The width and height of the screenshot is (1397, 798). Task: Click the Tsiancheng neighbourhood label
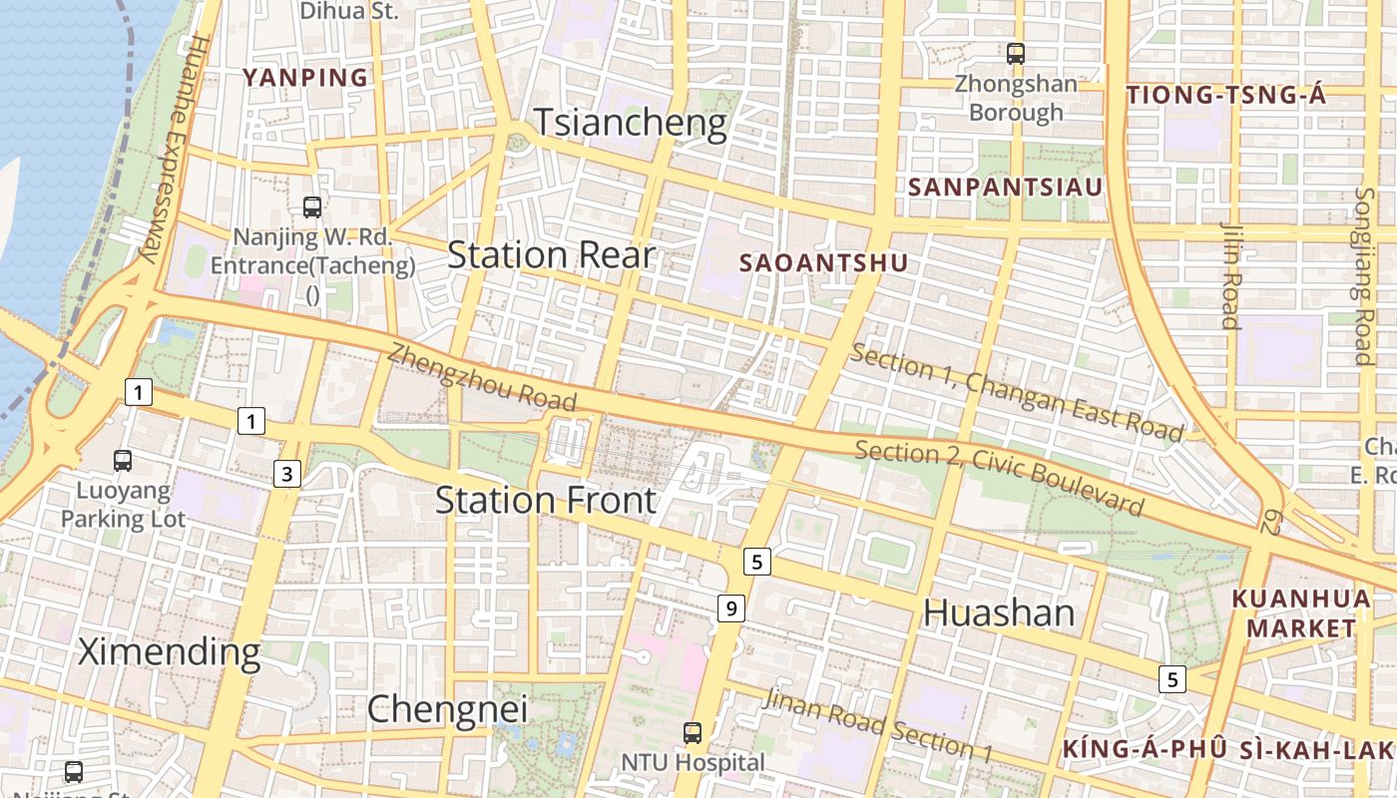click(631, 122)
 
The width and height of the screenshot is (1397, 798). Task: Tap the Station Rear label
click(551, 255)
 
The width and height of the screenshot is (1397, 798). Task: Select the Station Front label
click(546, 500)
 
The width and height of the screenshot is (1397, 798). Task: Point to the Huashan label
click(999, 612)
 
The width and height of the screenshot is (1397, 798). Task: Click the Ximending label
click(169, 652)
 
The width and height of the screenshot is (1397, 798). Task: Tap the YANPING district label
click(305, 78)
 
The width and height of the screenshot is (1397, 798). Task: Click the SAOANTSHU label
click(824, 262)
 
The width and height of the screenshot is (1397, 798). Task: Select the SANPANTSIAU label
click(1005, 188)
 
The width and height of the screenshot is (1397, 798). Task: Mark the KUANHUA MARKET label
click(1301, 613)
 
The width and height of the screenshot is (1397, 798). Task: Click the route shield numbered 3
click(287, 474)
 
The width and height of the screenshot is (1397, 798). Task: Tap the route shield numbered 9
click(731, 607)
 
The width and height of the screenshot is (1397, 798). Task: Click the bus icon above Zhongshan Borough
click(1016, 54)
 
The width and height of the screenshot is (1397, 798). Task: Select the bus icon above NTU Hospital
click(693, 733)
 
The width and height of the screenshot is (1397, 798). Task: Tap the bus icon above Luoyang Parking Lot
click(123, 461)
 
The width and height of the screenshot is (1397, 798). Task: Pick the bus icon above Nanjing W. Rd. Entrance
click(312, 207)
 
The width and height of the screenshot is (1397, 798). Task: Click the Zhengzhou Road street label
click(482, 377)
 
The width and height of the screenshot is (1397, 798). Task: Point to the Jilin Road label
click(1229, 274)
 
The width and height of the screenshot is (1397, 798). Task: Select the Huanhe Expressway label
click(171, 150)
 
